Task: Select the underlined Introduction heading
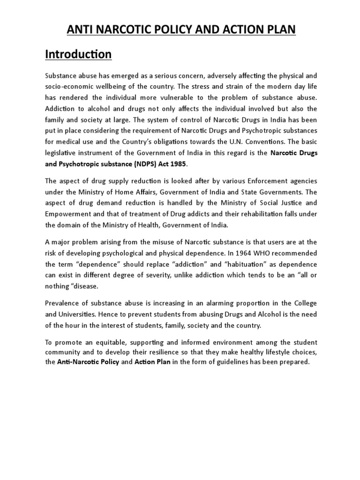(x=78, y=54)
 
